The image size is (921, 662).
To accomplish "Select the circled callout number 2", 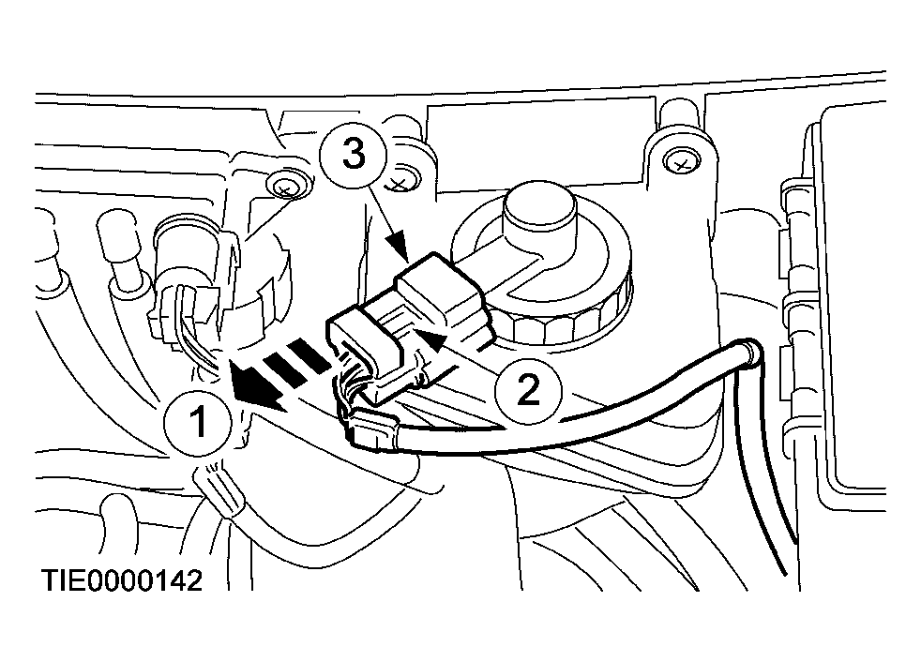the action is click(x=528, y=390).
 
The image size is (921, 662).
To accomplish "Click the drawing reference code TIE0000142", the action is click(x=122, y=581).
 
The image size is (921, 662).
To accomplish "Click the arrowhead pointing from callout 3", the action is click(x=397, y=247).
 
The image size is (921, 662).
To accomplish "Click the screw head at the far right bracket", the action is click(x=680, y=163).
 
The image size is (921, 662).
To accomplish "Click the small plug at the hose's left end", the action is click(x=372, y=430).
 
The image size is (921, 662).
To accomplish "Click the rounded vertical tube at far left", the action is click(x=125, y=254).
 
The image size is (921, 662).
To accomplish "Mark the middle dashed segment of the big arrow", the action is click(x=283, y=368).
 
